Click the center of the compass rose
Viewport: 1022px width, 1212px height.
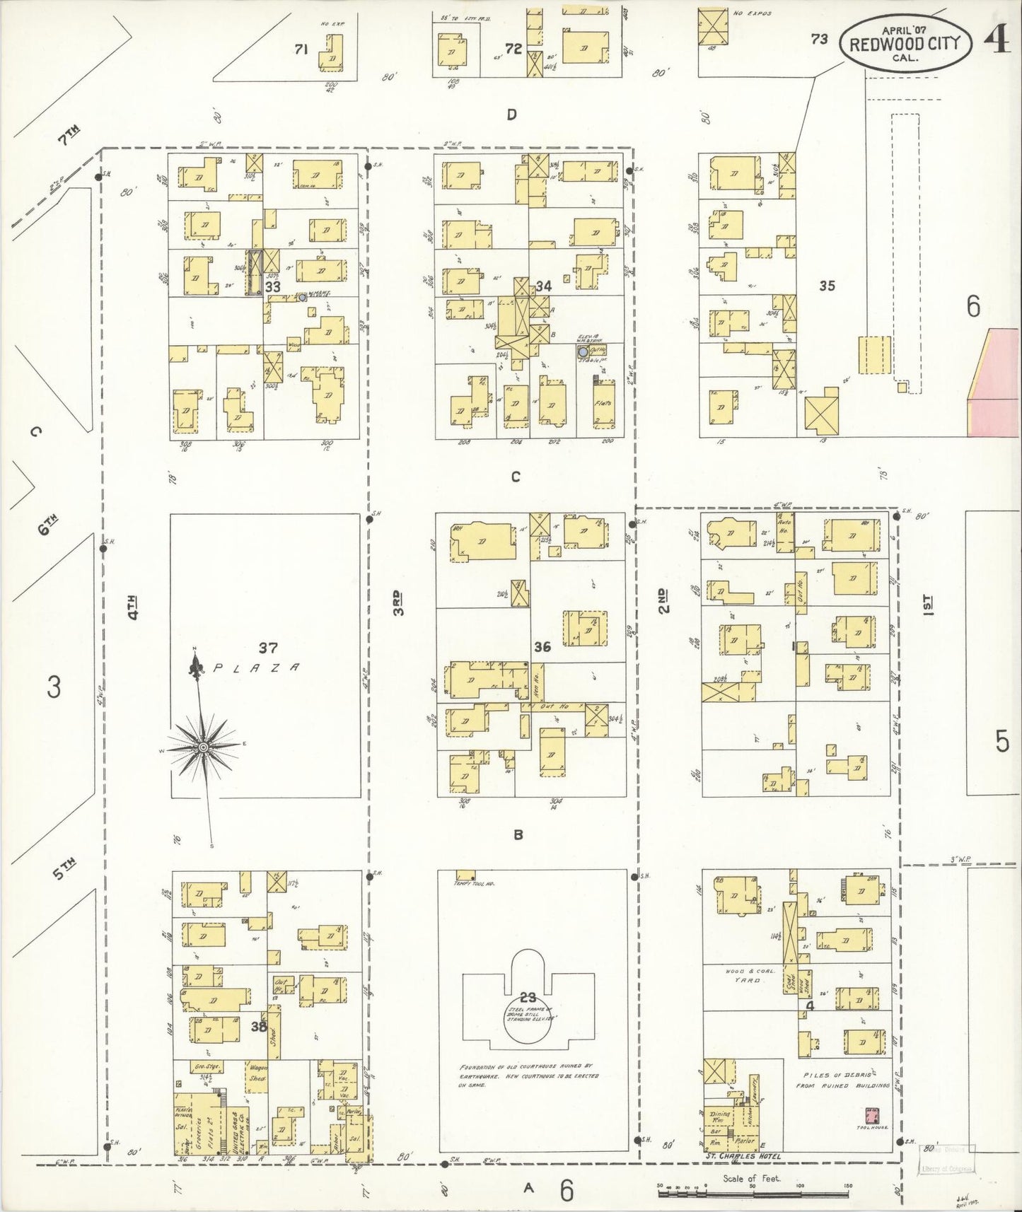203,747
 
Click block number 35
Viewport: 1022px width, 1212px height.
827,286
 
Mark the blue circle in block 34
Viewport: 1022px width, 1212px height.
582,351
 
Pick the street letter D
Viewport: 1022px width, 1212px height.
511,115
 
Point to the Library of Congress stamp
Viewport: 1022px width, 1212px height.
946,1161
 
